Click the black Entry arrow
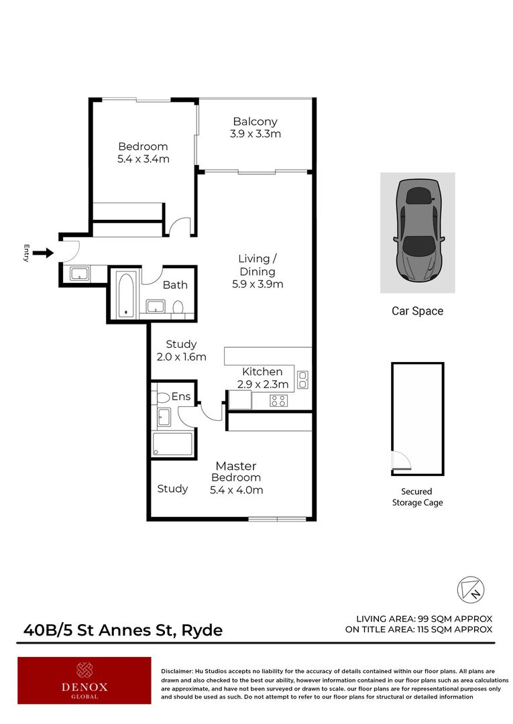tap(42, 253)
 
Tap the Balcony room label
tap(255, 121)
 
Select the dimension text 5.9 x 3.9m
tap(258, 284)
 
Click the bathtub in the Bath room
tap(125, 294)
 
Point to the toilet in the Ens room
tap(163, 398)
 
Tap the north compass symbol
tap(471, 589)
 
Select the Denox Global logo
tap(84, 680)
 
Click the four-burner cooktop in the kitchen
tap(278, 401)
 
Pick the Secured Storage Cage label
tap(417, 497)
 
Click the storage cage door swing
tap(400, 461)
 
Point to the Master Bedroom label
tap(235, 471)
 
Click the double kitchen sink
tap(302, 380)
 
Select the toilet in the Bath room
tap(178, 308)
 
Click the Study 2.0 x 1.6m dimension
tap(181, 357)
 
